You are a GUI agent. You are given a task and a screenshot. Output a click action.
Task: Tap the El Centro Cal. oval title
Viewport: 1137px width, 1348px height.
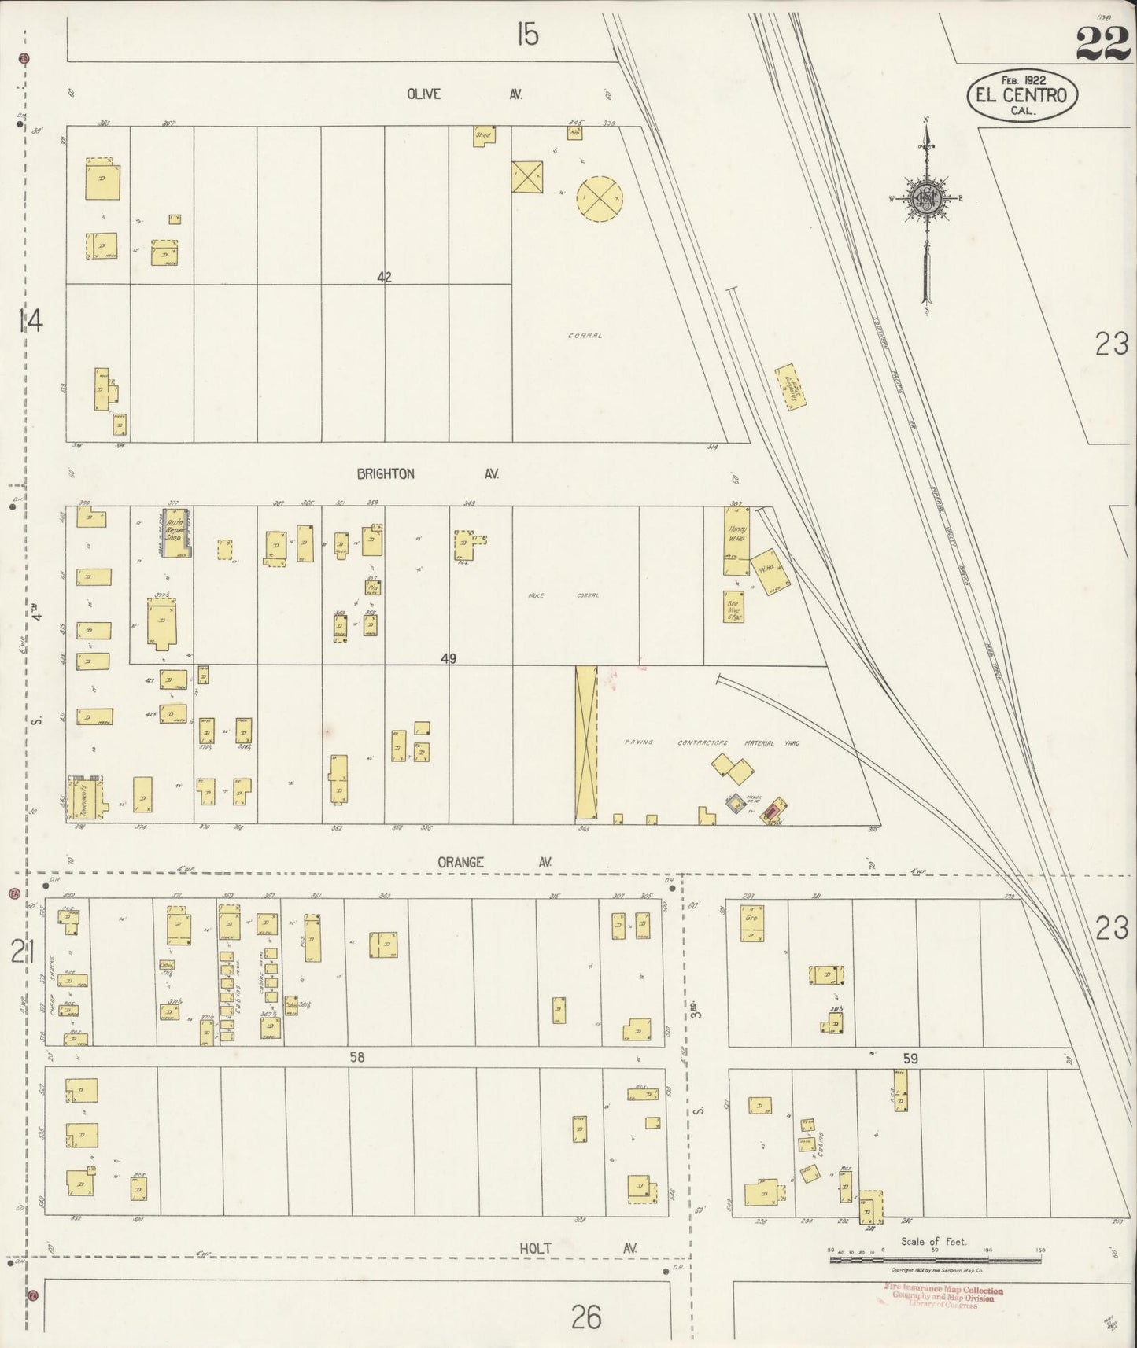click(x=1022, y=95)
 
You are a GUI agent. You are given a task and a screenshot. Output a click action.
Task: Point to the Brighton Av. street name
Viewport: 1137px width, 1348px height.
click(x=428, y=474)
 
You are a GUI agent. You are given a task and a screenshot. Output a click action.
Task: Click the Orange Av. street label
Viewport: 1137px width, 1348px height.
click(x=493, y=862)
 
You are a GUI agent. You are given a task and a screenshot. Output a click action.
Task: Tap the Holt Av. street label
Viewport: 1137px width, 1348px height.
click(x=577, y=1247)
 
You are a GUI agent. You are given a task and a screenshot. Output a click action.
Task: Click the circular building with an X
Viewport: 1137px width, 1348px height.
click(x=600, y=198)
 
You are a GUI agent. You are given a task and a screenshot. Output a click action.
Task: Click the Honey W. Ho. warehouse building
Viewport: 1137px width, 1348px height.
click(x=736, y=540)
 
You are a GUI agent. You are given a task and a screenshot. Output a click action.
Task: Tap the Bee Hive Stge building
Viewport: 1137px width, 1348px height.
click(x=733, y=606)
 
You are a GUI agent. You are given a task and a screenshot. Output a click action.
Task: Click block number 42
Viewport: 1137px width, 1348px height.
click(x=384, y=277)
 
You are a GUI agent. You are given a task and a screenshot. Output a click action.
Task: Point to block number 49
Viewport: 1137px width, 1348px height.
click(x=449, y=659)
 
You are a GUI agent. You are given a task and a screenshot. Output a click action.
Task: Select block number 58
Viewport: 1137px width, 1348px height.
click(x=357, y=1058)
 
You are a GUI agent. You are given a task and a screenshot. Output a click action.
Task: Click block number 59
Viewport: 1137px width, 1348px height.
click(x=910, y=1059)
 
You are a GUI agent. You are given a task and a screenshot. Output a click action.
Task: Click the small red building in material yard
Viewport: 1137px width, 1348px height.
click(x=773, y=809)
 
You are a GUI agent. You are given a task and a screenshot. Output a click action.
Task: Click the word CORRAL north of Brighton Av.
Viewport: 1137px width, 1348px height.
click(x=585, y=336)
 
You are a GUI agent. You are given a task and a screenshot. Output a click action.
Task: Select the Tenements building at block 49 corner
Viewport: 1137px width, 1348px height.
click(x=87, y=797)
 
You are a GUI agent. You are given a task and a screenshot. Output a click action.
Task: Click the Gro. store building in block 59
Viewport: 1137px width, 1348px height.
click(x=752, y=923)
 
